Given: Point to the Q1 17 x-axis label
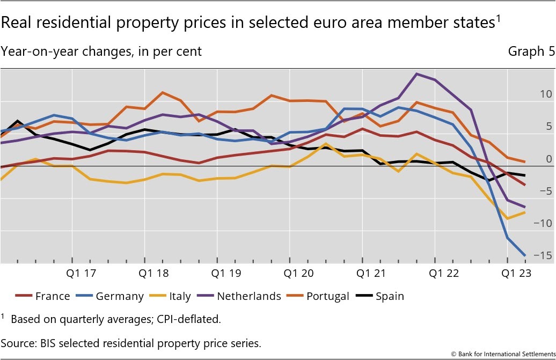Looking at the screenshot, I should click(x=81, y=274).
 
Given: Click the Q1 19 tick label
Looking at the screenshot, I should click(x=226, y=274).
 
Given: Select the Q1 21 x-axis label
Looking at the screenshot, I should click(x=371, y=274).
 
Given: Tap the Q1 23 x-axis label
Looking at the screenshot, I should click(x=516, y=274).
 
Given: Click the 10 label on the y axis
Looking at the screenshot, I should click(x=545, y=94).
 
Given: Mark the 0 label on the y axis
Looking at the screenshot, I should click(x=548, y=159).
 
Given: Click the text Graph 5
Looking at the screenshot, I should click(x=526, y=52).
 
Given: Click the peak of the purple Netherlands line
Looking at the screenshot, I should click(x=417, y=74).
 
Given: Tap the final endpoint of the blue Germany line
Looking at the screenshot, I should click(x=524, y=255).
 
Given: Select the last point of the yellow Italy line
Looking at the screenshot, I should click(x=524, y=212).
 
